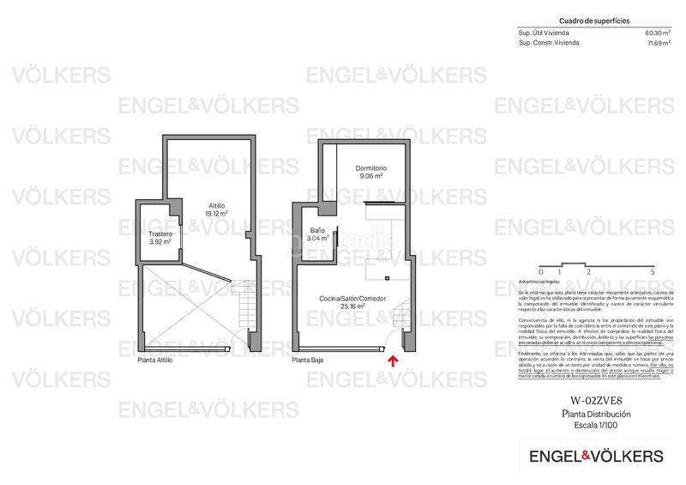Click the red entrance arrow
coord(393,362)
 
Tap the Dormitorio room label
coord(371,168)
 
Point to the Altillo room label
coord(217,206)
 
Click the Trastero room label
coord(160,234)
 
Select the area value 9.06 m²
coord(371,176)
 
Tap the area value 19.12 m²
coord(217,214)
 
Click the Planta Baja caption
coord(308,361)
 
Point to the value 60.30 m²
coord(657,33)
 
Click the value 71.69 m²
coord(657,42)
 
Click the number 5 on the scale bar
coord(653,271)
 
